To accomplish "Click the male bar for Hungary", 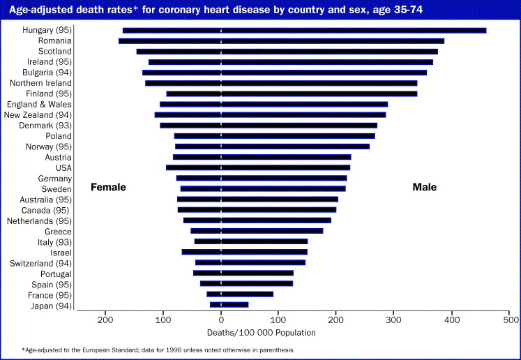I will (x=354, y=30).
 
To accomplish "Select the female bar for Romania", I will (x=170, y=40).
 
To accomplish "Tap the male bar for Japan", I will (x=234, y=305).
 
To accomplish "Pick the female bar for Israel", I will (x=202, y=252).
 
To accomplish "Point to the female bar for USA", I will (x=194, y=167).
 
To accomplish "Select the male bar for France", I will (x=247, y=294).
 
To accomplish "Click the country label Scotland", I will (x=54, y=52).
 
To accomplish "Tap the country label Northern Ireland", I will (x=40, y=83).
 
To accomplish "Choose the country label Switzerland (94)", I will (x=40, y=263).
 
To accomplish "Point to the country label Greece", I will (x=58, y=231).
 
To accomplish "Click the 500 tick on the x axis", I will (x=511, y=320).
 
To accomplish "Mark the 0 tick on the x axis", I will (x=221, y=320).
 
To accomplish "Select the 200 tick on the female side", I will (x=105, y=320).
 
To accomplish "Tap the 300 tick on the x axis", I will (x=395, y=320).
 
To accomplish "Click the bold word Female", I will (x=109, y=187).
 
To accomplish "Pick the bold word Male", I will (x=424, y=187).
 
